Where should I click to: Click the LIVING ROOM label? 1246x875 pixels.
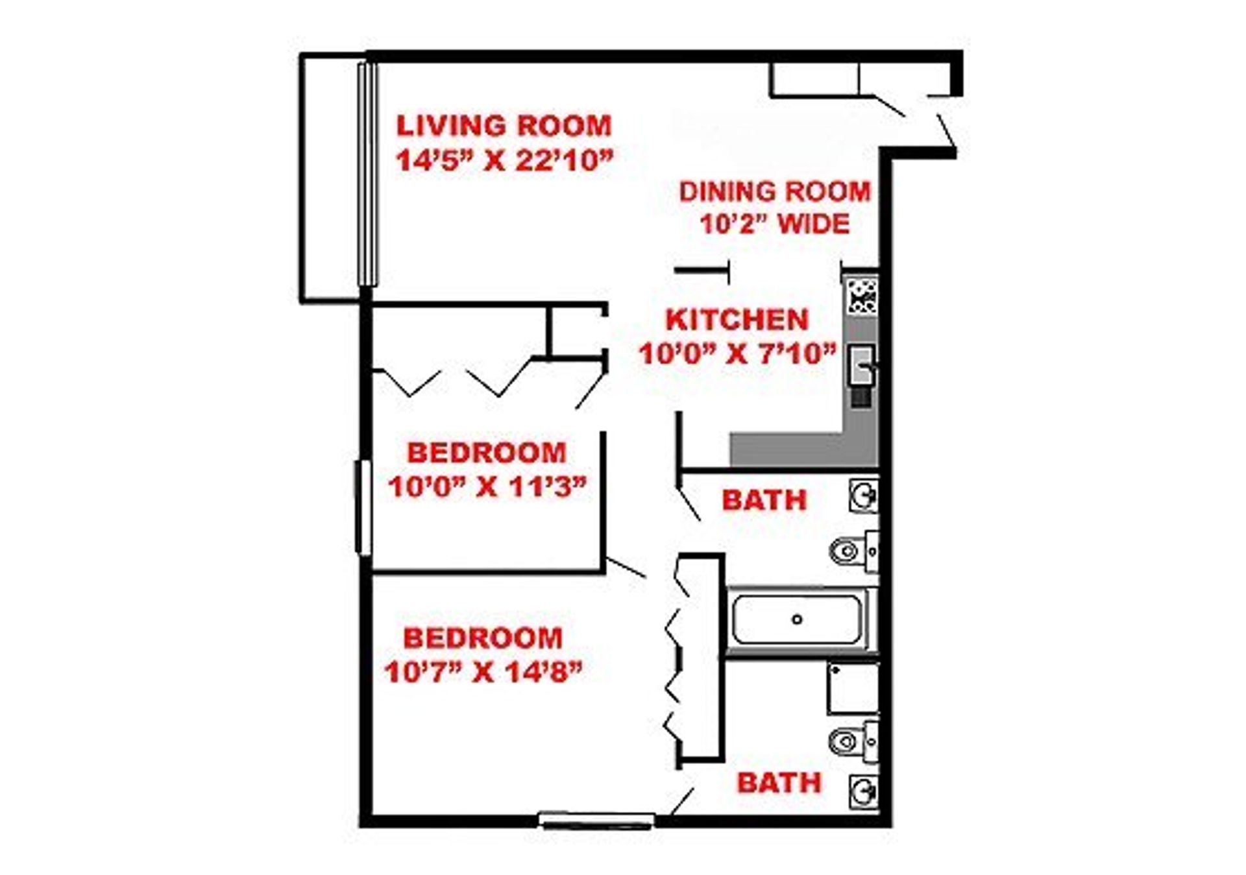pyautogui.click(x=504, y=126)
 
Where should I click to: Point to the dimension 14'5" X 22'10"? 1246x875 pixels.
pyautogui.click(x=505, y=160)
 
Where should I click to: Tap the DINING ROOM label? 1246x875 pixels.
pyautogui.click(x=775, y=192)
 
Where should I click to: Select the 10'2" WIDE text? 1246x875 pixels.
pyautogui.click(x=775, y=224)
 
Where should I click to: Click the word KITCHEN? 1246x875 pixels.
pyautogui.click(x=737, y=320)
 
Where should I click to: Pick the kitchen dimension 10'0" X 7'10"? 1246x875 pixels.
pyautogui.click(x=738, y=354)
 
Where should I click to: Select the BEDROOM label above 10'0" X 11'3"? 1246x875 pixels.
pyautogui.click(x=486, y=453)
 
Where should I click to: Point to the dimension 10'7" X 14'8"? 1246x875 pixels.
pyautogui.click(x=483, y=672)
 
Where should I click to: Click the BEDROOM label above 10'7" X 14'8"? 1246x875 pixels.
pyautogui.click(x=483, y=638)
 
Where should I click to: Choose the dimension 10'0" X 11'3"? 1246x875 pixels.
pyautogui.click(x=487, y=486)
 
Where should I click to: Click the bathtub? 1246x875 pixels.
pyautogui.click(x=798, y=619)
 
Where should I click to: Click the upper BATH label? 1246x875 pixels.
pyautogui.click(x=764, y=500)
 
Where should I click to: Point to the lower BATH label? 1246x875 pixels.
pyautogui.click(x=779, y=784)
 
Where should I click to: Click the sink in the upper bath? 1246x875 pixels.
pyautogui.click(x=864, y=497)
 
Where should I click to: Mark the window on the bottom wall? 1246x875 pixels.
pyautogui.click(x=596, y=821)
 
